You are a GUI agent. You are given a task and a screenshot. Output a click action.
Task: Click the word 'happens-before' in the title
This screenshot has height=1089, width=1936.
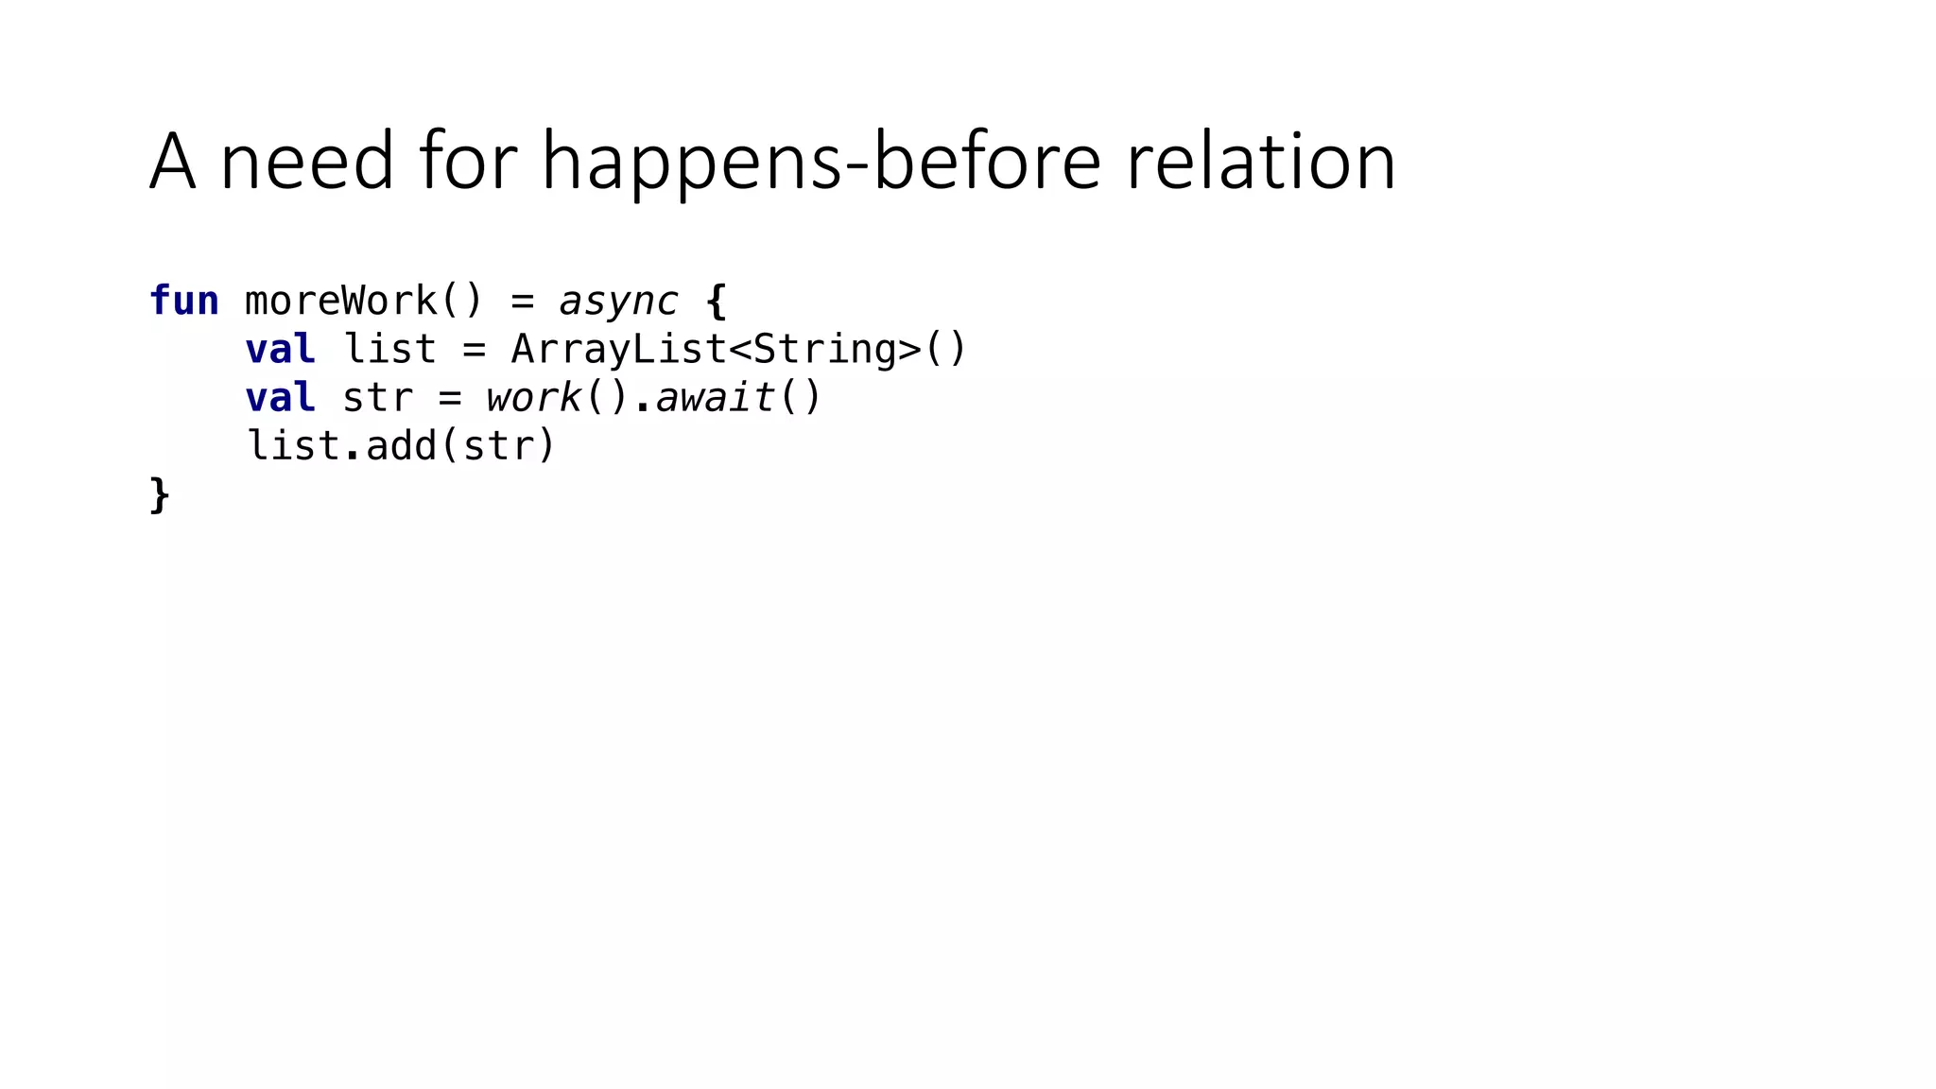821,163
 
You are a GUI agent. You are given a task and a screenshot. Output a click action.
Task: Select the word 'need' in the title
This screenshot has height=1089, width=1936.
306,163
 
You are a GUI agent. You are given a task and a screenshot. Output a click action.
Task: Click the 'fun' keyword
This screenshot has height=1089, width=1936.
184,302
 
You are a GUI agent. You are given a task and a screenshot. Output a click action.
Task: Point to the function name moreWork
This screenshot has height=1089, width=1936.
341,302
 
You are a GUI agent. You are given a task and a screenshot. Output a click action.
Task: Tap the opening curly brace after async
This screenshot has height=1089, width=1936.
717,302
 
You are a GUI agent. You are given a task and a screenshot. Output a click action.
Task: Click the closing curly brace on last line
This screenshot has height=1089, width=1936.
160,494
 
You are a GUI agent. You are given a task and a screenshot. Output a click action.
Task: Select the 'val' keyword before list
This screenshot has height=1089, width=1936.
281,350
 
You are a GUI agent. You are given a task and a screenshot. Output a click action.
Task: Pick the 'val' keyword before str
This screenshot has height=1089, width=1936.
281,398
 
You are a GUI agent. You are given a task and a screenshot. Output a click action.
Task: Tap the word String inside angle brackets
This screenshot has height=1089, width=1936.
825,350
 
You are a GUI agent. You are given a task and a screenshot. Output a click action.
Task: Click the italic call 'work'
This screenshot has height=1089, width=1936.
534,398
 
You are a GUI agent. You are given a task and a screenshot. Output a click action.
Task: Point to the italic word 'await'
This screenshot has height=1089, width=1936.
716,398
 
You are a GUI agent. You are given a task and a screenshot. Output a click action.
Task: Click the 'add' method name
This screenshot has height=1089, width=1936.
402,446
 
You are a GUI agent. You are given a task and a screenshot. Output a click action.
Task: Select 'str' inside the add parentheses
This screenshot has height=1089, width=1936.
498,446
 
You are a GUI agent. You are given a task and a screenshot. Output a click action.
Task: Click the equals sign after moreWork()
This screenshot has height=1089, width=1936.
523,302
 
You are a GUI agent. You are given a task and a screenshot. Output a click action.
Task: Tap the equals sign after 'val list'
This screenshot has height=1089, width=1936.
475,350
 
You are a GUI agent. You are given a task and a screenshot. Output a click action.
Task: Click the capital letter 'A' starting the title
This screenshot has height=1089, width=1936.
173,163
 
